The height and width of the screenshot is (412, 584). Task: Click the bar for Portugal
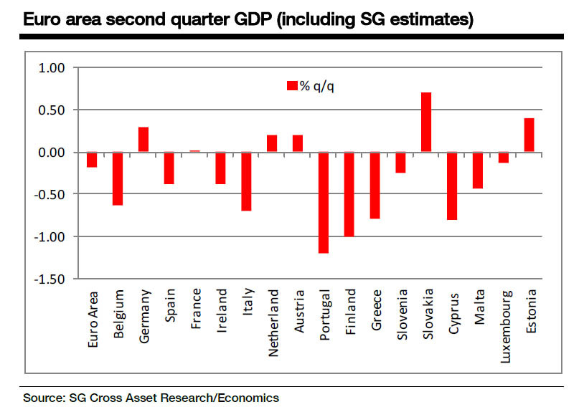[x=324, y=203]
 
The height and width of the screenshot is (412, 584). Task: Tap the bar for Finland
[x=349, y=194]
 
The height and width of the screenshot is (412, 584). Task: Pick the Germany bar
[x=143, y=140]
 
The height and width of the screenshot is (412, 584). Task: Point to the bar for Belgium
[x=118, y=178]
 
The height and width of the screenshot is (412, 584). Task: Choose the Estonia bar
[x=529, y=135]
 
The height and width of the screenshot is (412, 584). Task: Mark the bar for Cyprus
[x=452, y=186]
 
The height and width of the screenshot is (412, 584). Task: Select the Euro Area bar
[x=92, y=160]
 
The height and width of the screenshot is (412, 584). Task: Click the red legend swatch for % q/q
[x=292, y=86]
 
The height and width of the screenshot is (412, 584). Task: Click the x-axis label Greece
[x=376, y=310]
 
